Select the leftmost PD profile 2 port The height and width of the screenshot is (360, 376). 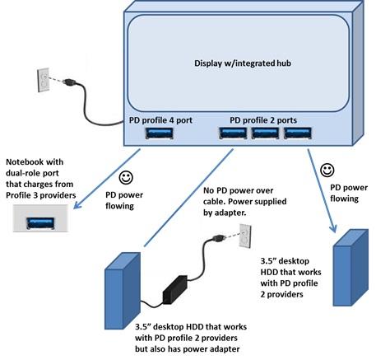point(233,133)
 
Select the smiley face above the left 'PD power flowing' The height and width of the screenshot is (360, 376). point(126,176)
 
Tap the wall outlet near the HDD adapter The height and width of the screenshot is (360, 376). point(244,236)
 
